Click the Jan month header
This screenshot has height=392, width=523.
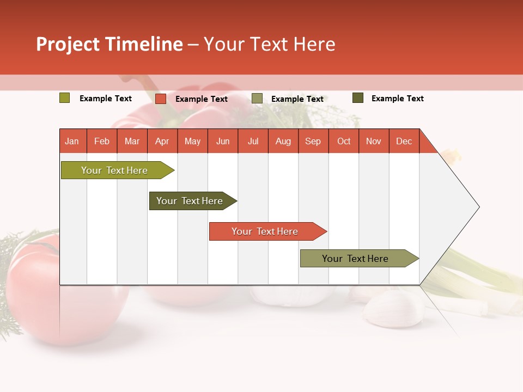click(x=72, y=141)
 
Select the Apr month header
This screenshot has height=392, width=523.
click(x=162, y=141)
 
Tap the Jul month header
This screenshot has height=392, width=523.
click(x=253, y=141)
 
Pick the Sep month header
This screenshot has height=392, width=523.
click(x=313, y=141)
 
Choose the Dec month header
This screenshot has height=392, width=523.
click(x=404, y=141)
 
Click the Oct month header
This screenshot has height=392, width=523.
click(x=343, y=141)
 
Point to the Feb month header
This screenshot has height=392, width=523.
click(x=102, y=141)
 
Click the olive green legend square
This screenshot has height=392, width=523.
click(x=65, y=98)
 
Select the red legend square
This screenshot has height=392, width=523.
click(x=161, y=99)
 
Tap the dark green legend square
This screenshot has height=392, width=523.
click(x=358, y=98)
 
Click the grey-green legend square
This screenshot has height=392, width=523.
click(x=257, y=99)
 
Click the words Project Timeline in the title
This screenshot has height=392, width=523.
click(x=109, y=44)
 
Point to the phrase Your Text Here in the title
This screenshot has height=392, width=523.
click(x=269, y=44)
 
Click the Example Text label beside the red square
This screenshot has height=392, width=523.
click(x=202, y=99)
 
